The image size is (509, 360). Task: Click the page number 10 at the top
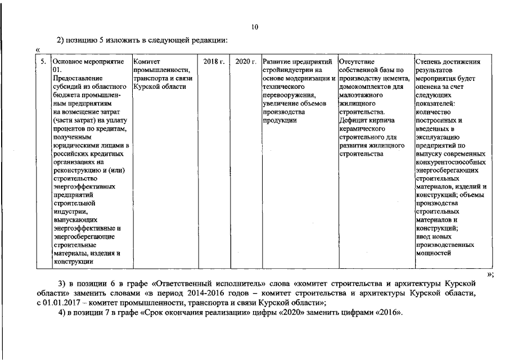pyautogui.click(x=254, y=27)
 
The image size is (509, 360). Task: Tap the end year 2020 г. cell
pyautogui.click(x=246, y=61)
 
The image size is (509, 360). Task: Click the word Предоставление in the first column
pyautogui.click(x=76, y=78)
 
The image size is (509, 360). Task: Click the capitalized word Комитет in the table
pyautogui.click(x=147, y=61)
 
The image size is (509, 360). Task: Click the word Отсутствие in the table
pyautogui.click(x=357, y=61)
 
